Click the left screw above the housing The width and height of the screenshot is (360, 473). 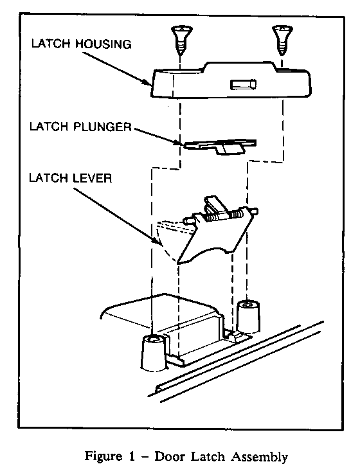coord(181,40)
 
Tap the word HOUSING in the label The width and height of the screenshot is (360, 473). coord(104,44)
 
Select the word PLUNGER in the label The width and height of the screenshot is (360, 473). coord(103,127)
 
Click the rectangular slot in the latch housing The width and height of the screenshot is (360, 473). coord(243,84)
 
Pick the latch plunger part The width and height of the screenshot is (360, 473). coord(221,147)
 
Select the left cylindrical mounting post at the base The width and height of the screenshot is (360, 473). coord(154,352)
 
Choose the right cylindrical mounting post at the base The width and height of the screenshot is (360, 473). coord(248,317)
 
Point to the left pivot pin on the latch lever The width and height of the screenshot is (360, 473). coord(189,221)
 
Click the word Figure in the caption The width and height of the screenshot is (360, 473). coord(104,456)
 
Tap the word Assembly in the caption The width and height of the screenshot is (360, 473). coord(260,457)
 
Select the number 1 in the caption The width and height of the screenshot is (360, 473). coord(132,456)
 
